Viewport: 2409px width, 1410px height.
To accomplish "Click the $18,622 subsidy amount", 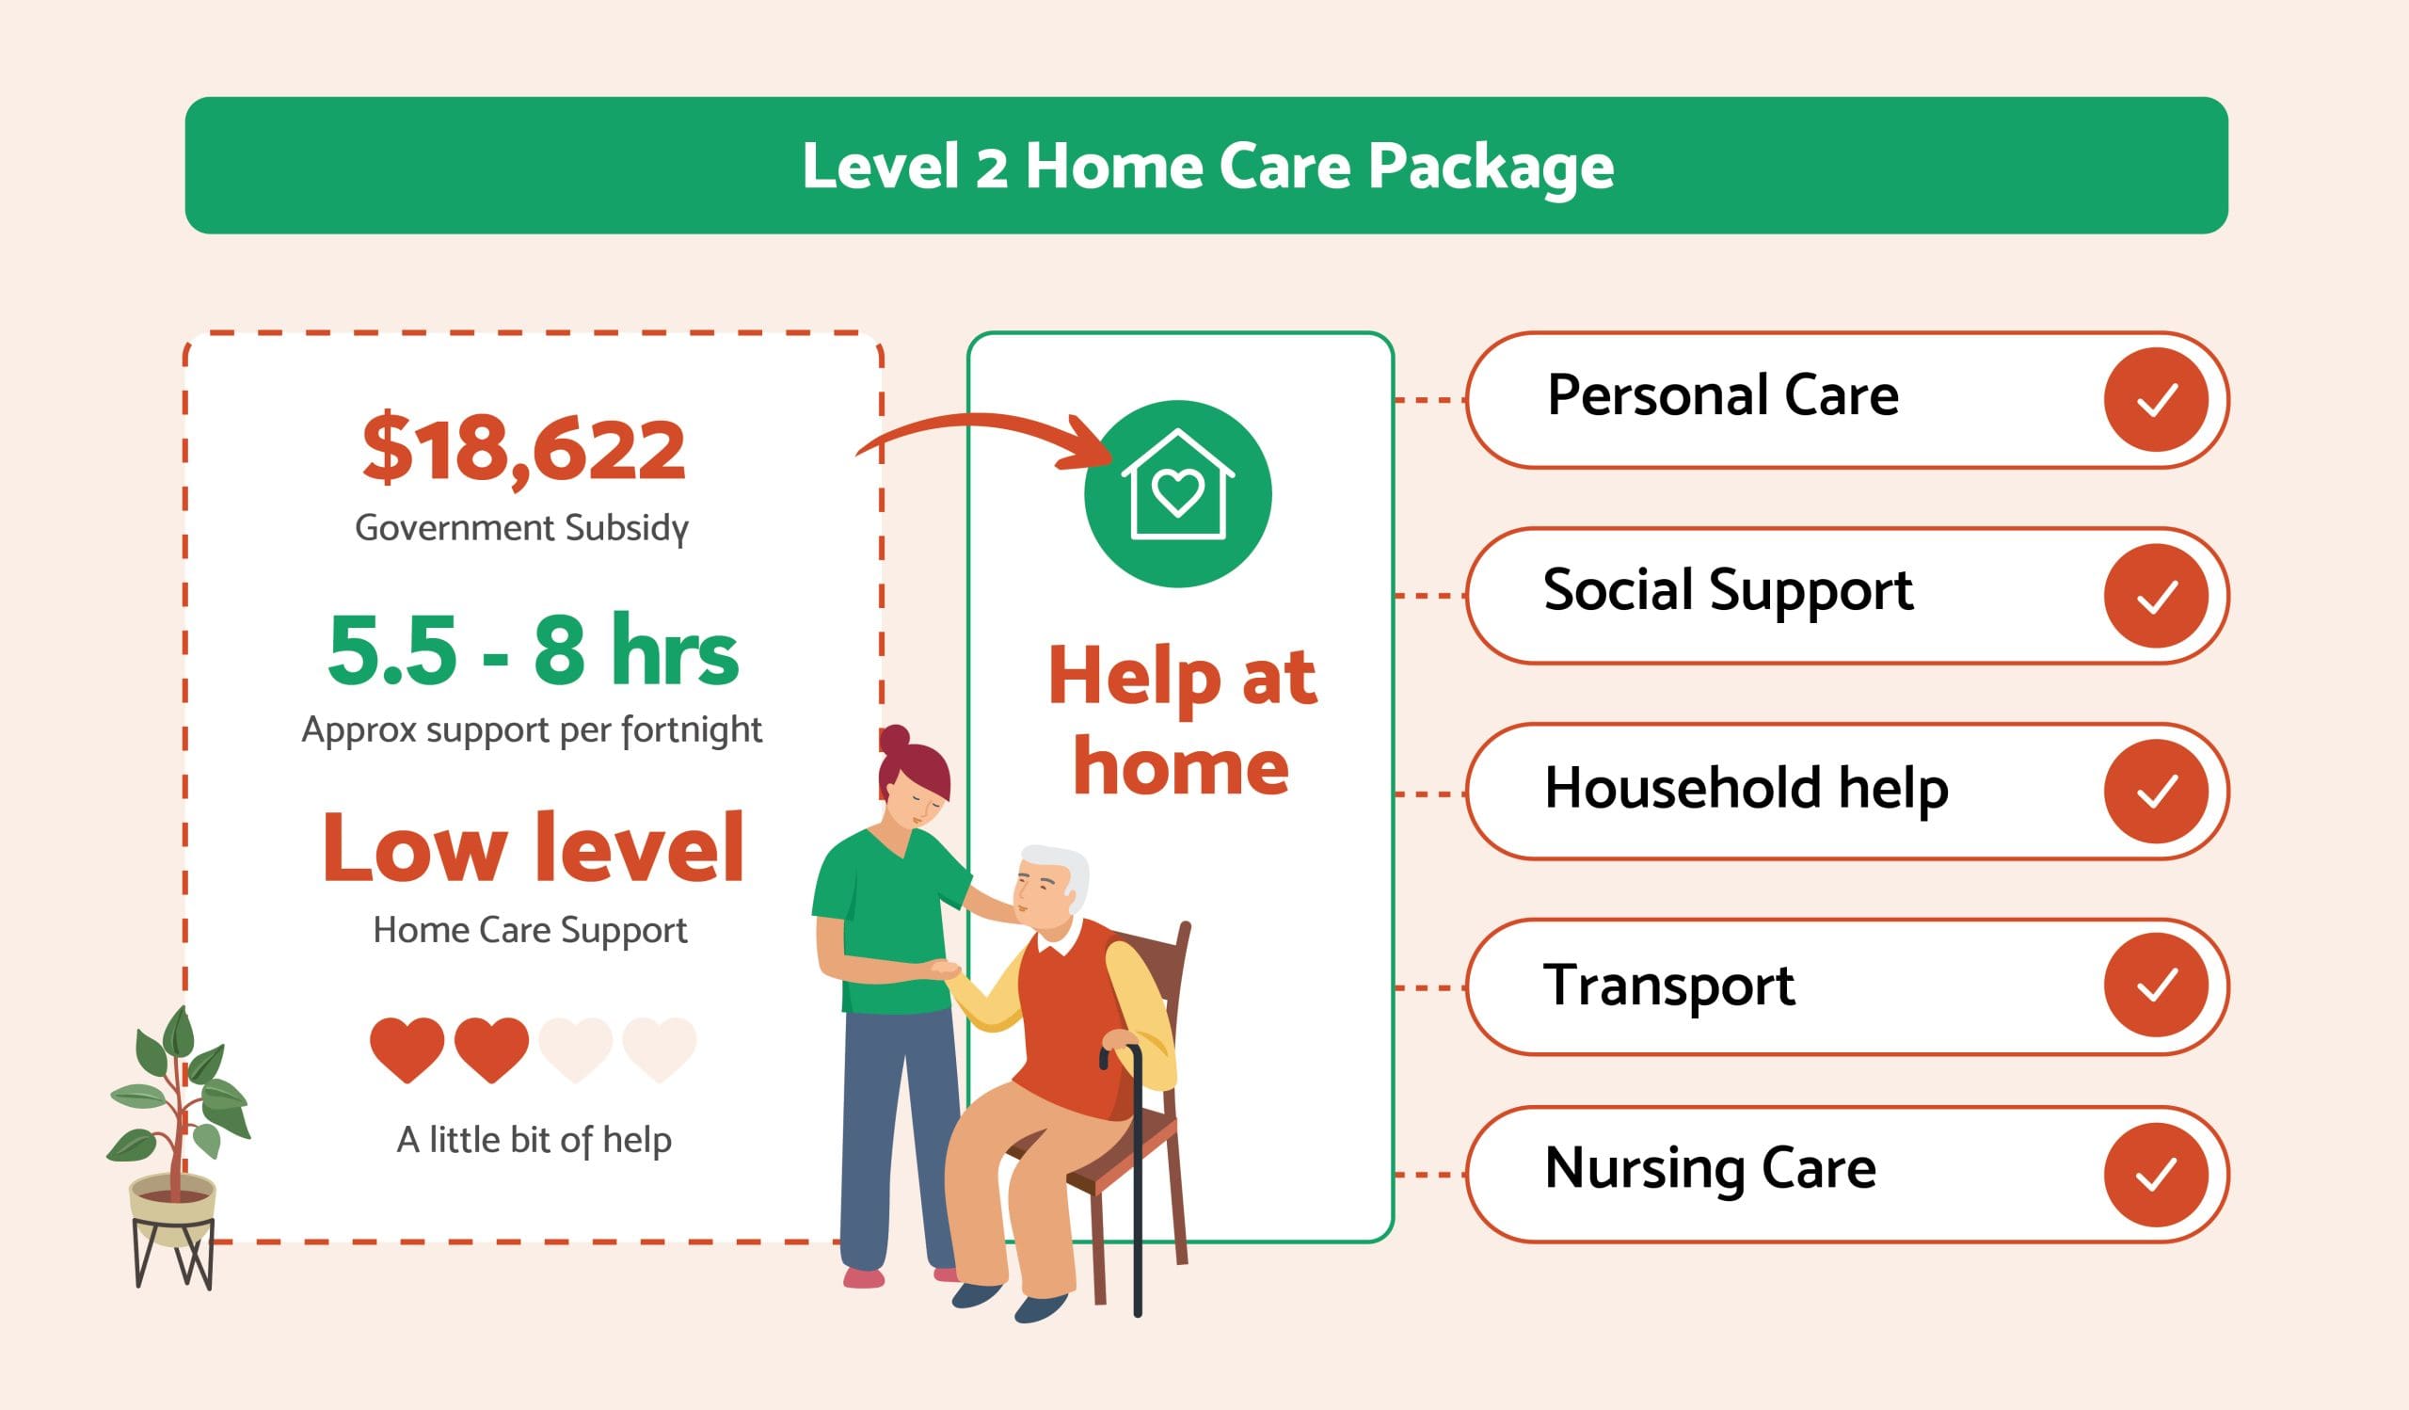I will click(524, 449).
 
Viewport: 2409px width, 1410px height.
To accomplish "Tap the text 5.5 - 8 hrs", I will click(533, 651).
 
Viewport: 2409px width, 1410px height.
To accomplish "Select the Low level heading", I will click(533, 848).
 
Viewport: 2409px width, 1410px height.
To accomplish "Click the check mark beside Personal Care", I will click(2156, 400).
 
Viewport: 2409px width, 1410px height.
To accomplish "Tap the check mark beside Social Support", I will click(2156, 597).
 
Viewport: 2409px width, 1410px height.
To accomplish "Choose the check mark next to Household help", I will click(2156, 792).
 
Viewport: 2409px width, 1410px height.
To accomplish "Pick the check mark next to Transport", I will click(2156, 985).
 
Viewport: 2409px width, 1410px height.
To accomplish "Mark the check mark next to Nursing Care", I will click(2156, 1175).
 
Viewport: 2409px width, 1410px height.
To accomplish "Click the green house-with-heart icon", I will click(1178, 492).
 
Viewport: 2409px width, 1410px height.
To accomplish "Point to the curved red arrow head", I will click(1090, 445).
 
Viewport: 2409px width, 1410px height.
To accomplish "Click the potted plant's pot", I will click(173, 1209).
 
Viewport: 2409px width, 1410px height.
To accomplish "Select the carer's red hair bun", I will click(895, 741).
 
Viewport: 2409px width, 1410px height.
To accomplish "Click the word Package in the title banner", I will click(1491, 167).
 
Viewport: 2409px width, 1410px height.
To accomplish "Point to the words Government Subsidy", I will click(522, 528).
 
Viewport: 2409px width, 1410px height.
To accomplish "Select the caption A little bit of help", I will click(534, 1140).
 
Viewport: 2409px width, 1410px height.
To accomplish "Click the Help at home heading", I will click(1182, 722).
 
